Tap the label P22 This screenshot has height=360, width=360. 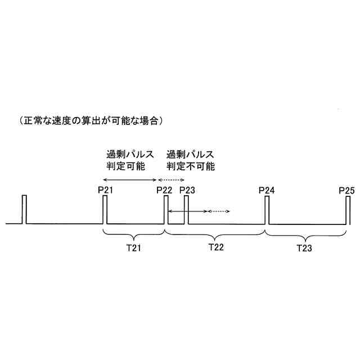coord(164,190)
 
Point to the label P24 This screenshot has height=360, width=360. coord(267,190)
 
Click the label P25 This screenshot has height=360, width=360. coord(347,190)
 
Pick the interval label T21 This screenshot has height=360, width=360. coord(133,247)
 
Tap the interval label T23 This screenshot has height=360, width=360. coord(304,247)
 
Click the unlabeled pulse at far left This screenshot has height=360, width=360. coord(24,209)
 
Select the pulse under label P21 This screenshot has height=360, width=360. coord(105,209)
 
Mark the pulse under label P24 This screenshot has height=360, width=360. coord(267,209)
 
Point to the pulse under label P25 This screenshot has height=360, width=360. coord(348,209)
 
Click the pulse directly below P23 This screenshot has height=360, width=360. coord(187,209)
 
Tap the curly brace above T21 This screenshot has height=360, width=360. coord(133,233)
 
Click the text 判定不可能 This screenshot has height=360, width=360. coord(191,166)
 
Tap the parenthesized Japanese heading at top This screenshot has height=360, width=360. coord(91,120)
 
